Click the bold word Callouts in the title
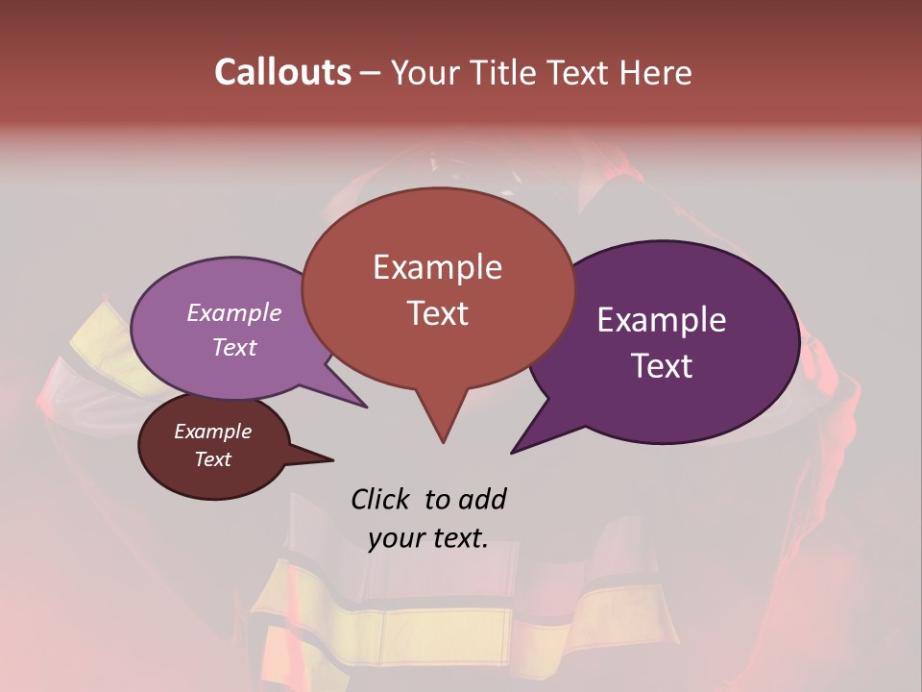click(x=282, y=72)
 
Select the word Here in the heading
click(x=656, y=72)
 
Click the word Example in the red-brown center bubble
click(x=437, y=267)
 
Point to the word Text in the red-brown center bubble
click(x=437, y=313)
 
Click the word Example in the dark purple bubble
click(x=662, y=320)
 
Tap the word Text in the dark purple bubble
click(x=662, y=366)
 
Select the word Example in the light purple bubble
click(x=234, y=312)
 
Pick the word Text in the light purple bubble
click(x=234, y=347)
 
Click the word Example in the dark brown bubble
click(x=212, y=432)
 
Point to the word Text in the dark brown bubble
click(x=212, y=459)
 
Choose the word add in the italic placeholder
click(x=481, y=499)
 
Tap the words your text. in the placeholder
click(x=427, y=538)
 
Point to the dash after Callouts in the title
click(x=371, y=73)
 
